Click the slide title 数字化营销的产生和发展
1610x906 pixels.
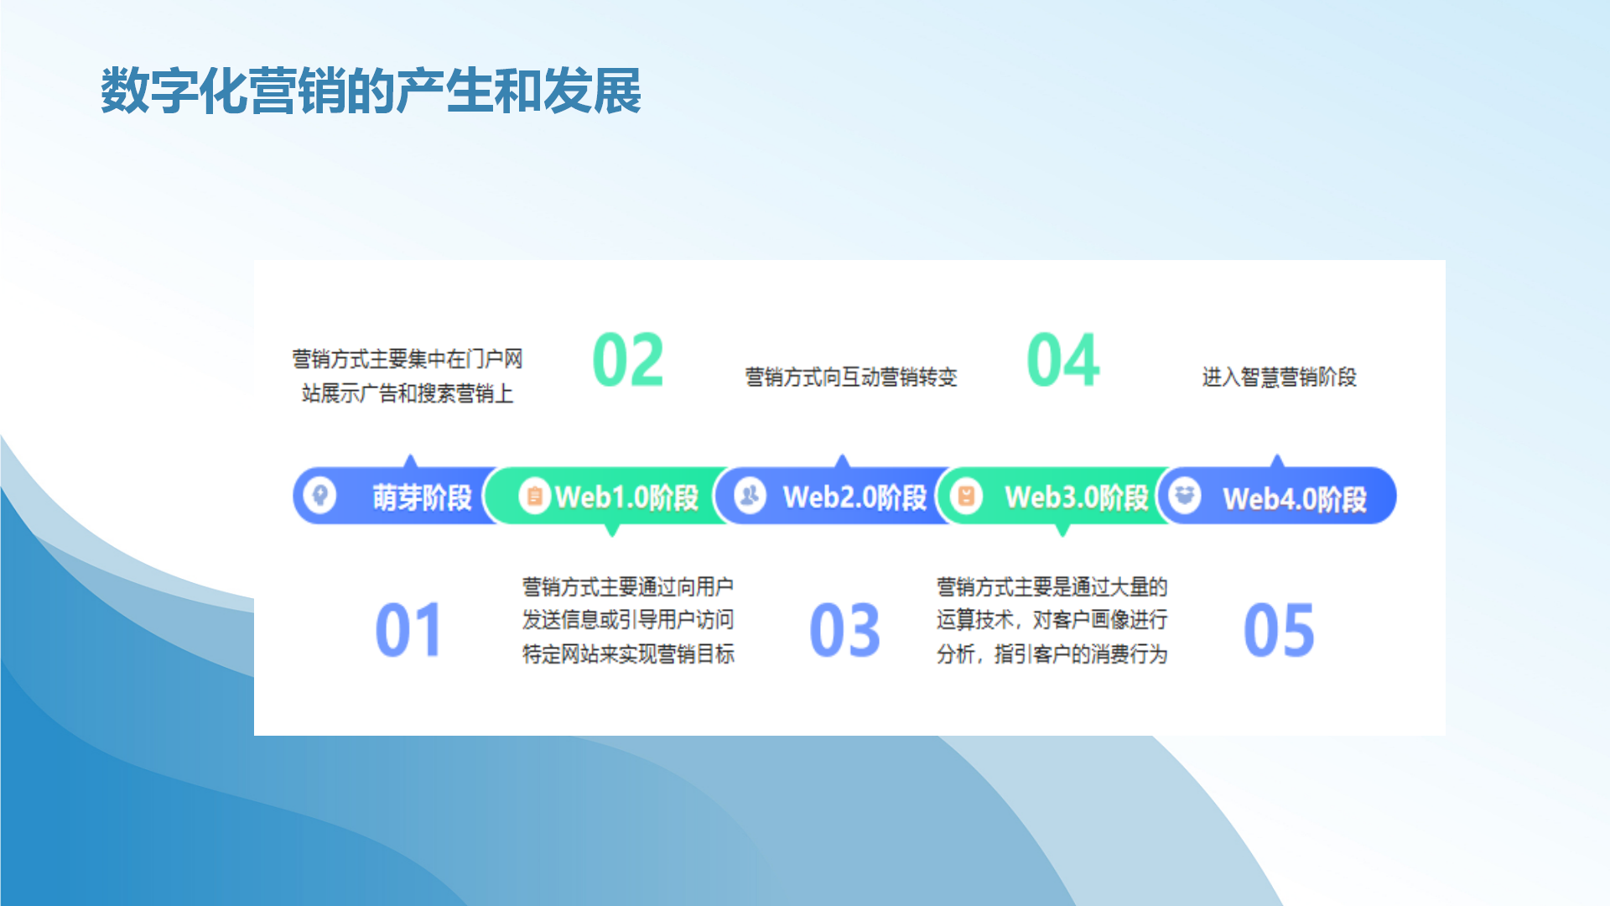[x=371, y=91]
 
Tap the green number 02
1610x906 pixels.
[x=628, y=360]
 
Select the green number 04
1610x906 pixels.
[x=1062, y=360]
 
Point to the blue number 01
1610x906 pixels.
[x=408, y=629]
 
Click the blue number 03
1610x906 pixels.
[x=844, y=629]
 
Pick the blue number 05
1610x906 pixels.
[x=1279, y=629]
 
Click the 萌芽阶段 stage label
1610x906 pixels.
[x=423, y=497]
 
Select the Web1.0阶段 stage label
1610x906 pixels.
[x=626, y=497]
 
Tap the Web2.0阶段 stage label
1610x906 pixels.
[x=854, y=497]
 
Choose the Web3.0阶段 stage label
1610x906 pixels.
[x=1077, y=497]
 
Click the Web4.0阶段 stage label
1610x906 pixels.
[x=1295, y=499]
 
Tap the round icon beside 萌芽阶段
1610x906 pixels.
[x=319, y=495]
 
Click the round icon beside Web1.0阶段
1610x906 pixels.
[x=534, y=495]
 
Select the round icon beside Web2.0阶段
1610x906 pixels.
[x=750, y=495]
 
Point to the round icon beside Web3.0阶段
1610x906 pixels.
[x=966, y=495]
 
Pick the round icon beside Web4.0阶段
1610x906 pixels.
[x=1184, y=495]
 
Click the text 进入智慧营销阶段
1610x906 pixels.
[x=1279, y=377]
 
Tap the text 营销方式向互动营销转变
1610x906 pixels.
[x=851, y=377]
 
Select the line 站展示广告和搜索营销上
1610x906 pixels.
[x=408, y=393]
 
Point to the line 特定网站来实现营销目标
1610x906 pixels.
[x=628, y=653]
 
